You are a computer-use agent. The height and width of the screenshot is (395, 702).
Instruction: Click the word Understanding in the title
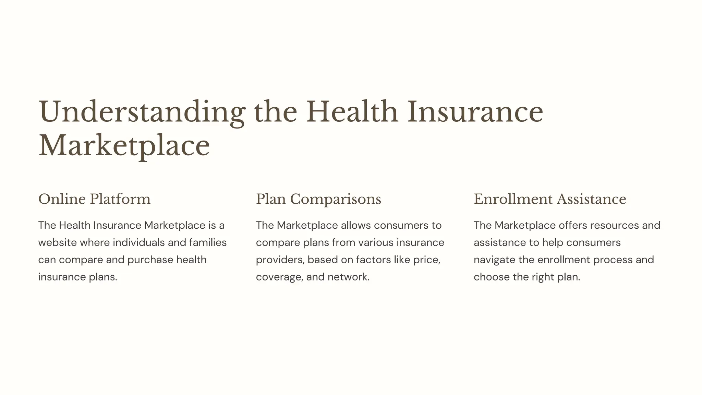pyautogui.click(x=142, y=112)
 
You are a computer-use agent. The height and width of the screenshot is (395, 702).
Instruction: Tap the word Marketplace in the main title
pyautogui.click(x=124, y=146)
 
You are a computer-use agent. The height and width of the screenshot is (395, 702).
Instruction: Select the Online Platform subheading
pyautogui.click(x=94, y=199)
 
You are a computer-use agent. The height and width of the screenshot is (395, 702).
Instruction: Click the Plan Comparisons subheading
pyautogui.click(x=318, y=199)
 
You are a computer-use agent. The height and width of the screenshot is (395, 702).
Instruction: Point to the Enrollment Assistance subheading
pyautogui.click(x=550, y=199)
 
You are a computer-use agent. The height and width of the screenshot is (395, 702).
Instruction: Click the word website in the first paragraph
pyautogui.click(x=57, y=243)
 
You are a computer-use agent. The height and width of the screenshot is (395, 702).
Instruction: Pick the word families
pyautogui.click(x=208, y=243)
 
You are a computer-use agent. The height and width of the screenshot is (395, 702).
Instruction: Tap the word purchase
pyautogui.click(x=150, y=260)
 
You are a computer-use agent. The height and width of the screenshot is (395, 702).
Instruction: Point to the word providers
pyautogui.click(x=280, y=260)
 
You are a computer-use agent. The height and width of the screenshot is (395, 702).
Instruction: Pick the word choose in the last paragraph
pyautogui.click(x=492, y=277)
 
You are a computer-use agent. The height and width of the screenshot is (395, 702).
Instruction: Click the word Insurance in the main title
pyautogui.click(x=475, y=112)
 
